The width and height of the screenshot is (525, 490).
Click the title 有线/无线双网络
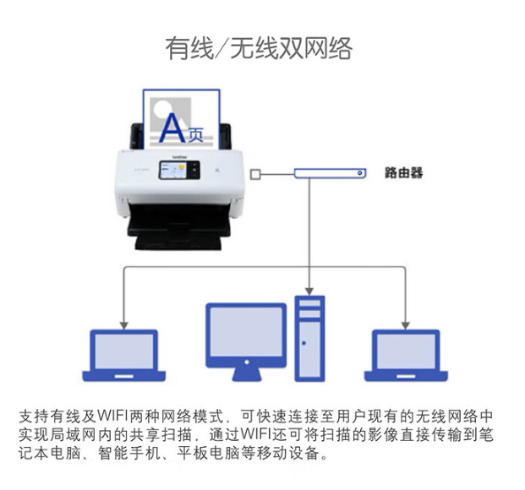point(259,48)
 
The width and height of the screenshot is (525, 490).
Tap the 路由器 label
point(403,173)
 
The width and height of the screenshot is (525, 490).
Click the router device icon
point(330,173)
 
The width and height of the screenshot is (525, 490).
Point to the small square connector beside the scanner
point(255,174)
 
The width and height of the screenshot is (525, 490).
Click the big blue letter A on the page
point(172,128)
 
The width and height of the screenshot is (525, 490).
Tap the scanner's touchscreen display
point(179,170)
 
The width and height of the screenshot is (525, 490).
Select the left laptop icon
point(124,356)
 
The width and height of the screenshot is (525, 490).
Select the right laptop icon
point(406,356)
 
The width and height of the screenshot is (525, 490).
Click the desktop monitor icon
point(246,341)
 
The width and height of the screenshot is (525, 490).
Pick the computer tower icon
point(309,339)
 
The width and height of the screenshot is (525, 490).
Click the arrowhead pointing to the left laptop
point(124,325)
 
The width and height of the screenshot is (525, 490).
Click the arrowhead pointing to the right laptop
point(406,325)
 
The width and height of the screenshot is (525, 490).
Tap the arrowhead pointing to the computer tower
point(309,291)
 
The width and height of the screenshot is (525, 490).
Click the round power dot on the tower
point(304,343)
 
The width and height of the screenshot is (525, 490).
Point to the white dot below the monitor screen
point(246,362)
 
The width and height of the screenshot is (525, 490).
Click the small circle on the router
point(360,173)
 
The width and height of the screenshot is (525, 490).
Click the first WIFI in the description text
point(112,416)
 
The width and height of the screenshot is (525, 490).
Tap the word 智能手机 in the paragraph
point(129,453)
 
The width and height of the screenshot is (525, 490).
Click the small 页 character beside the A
point(195,135)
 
